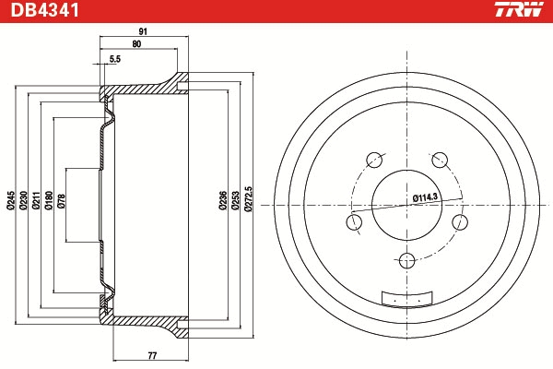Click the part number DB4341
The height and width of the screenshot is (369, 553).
(x=45, y=10)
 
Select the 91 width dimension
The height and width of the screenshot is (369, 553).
(x=143, y=31)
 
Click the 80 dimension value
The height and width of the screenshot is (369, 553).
(x=136, y=43)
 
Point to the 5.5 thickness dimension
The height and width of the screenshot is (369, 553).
(x=115, y=59)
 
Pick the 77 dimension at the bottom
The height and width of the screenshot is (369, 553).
(x=152, y=355)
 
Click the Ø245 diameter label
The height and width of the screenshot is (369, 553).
(x=11, y=201)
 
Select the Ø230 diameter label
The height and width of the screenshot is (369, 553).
(x=23, y=200)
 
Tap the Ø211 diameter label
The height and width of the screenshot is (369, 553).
(x=36, y=200)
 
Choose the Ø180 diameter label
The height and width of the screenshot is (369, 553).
(x=49, y=200)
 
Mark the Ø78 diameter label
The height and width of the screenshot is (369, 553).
(x=61, y=201)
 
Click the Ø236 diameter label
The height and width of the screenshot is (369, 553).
(x=223, y=200)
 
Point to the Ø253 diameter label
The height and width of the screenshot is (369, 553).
(x=236, y=200)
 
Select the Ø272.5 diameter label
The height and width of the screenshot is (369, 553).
(x=248, y=199)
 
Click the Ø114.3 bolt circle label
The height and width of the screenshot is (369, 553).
(x=425, y=197)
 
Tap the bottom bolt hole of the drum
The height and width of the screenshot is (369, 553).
(x=406, y=261)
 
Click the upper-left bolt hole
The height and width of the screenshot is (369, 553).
(x=374, y=160)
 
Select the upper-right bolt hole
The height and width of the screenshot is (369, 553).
(x=440, y=160)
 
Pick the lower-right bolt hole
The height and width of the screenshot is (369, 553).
(x=460, y=222)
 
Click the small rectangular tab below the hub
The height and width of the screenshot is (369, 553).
(x=406, y=298)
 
